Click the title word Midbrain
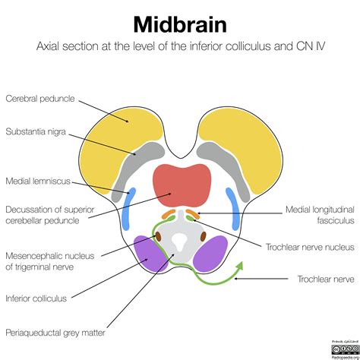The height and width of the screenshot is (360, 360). pos(179,23)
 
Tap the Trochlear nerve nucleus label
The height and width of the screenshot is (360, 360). pos(309,246)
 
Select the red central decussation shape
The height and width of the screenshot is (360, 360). pos(182,185)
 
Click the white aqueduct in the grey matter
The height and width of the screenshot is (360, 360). pos(180,241)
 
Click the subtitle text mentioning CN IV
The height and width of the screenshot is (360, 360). pos(179,47)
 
